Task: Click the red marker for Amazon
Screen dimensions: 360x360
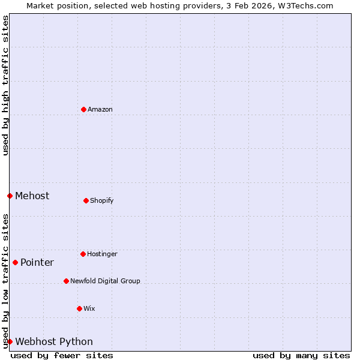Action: click(83, 109)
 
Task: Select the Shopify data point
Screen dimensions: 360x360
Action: click(86, 200)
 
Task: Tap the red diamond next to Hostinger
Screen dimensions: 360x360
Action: click(83, 254)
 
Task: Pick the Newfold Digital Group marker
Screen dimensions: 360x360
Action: click(66, 281)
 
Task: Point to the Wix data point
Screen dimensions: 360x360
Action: click(79, 308)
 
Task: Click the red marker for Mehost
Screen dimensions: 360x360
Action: click(10, 196)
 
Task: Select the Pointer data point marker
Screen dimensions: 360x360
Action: click(15, 262)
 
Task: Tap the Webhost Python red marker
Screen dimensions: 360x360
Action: click(10, 341)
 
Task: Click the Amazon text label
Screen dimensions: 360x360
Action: click(100, 109)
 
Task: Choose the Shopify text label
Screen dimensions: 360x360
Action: click(102, 200)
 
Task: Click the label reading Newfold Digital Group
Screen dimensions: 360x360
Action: click(105, 281)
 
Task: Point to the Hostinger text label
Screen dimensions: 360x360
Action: click(102, 254)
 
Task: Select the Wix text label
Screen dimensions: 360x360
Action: click(89, 308)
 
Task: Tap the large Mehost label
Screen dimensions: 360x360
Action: click(32, 196)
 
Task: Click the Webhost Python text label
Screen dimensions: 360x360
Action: click(54, 341)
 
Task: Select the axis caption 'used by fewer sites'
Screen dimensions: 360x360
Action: click(62, 355)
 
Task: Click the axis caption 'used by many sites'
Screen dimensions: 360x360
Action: click(301, 355)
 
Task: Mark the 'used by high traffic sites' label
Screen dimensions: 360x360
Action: click(5, 85)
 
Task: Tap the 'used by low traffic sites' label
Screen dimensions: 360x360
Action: click(5, 281)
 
